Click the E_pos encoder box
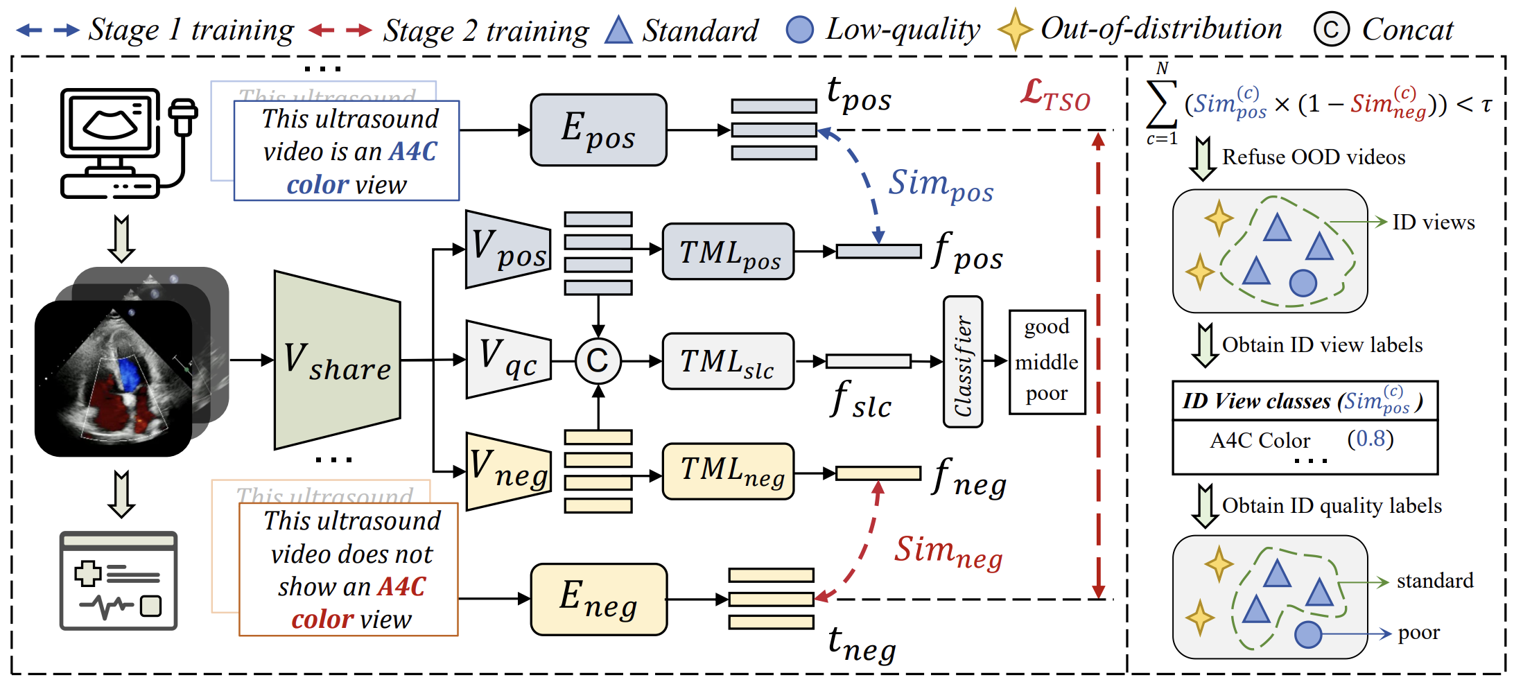[x=598, y=130]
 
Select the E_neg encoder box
[x=598, y=599]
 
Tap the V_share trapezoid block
[x=338, y=360]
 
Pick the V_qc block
[x=508, y=359]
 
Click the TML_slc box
[x=728, y=361]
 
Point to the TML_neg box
[x=728, y=471]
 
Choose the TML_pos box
[x=728, y=252]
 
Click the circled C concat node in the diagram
[x=598, y=360]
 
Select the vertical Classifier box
[x=963, y=362]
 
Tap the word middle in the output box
[x=1047, y=362]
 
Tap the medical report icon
[x=119, y=580]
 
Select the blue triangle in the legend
[x=618, y=30]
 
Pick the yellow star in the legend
[x=1015, y=29]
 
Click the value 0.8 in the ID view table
[x=1370, y=439]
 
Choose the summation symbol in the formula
[x=1162, y=104]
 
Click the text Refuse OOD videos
[x=1314, y=157]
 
